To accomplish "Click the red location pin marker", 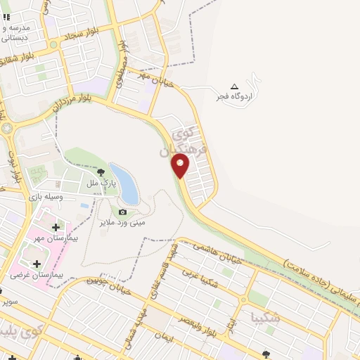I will click(181, 165).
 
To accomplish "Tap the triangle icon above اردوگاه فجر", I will click(234, 86).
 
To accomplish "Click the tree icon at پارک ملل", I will click(101, 172).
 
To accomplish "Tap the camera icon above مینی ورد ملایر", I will click(123, 212).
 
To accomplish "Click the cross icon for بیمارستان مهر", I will click(56, 226).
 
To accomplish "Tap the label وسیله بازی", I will click(46, 198).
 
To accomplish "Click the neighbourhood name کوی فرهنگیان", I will click(188, 141).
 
